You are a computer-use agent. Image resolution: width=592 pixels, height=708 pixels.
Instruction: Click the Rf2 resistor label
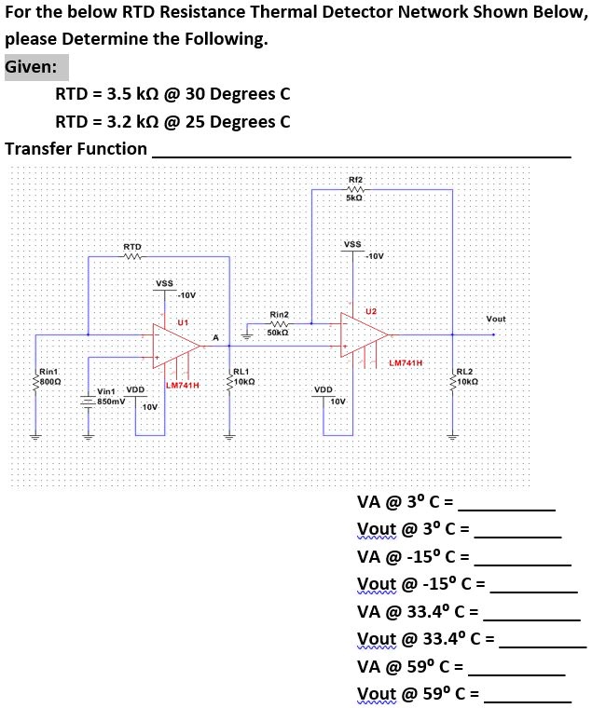pyautogui.click(x=354, y=178)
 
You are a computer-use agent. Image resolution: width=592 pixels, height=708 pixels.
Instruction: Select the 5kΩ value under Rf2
pyautogui.click(x=354, y=198)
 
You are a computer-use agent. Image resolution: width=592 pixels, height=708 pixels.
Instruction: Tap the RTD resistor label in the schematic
pyautogui.click(x=132, y=246)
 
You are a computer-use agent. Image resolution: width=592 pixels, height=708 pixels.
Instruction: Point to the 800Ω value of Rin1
pyautogui.click(x=48, y=380)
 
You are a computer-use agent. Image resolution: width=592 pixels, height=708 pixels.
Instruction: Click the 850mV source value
pyautogui.click(x=111, y=400)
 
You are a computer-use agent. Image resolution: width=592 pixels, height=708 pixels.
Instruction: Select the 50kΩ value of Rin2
pyautogui.click(x=278, y=332)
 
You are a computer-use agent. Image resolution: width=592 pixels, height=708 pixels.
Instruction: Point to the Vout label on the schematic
pyautogui.click(x=496, y=319)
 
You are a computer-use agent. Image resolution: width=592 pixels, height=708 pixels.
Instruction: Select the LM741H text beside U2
pyautogui.click(x=406, y=362)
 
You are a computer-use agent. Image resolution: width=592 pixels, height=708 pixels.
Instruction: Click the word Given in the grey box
pyautogui.click(x=35, y=67)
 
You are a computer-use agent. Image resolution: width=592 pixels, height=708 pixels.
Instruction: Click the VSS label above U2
pyautogui.click(x=352, y=244)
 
